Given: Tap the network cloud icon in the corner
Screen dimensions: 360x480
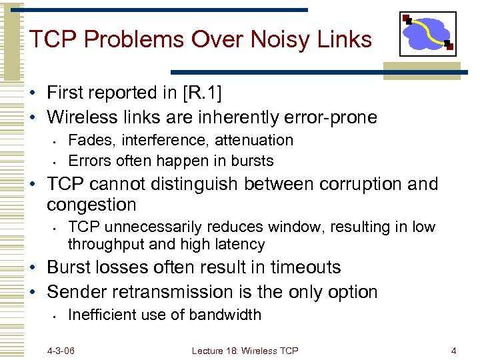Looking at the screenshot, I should tap(427, 34).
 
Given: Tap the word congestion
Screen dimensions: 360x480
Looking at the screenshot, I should tap(91, 205).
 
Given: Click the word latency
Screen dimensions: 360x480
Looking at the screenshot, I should tap(240, 244).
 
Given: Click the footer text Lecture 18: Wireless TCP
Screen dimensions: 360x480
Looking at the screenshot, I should tap(245, 350).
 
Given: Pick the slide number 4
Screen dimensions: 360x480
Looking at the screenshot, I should tap(453, 350).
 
